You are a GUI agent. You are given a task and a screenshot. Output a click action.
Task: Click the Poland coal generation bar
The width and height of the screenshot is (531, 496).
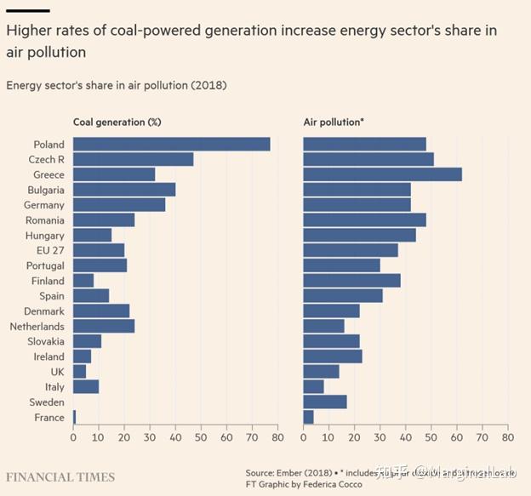click(x=171, y=145)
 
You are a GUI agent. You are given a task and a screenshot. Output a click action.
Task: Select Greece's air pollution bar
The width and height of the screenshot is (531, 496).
click(x=382, y=174)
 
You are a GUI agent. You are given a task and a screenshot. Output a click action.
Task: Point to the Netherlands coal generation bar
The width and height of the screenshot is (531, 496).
click(x=104, y=326)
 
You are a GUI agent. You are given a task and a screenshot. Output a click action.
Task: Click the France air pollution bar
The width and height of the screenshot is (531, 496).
click(x=308, y=417)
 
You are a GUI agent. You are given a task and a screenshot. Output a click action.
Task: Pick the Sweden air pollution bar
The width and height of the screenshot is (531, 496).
click(x=325, y=402)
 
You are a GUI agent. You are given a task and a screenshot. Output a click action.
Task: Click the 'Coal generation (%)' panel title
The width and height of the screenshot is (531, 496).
click(x=117, y=122)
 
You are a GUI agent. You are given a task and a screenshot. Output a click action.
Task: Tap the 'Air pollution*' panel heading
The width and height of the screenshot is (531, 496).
click(x=334, y=122)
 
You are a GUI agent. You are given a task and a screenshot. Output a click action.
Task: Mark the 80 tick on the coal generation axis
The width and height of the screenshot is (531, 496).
click(x=277, y=438)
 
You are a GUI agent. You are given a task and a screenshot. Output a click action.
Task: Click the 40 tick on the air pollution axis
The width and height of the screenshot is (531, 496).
click(x=405, y=438)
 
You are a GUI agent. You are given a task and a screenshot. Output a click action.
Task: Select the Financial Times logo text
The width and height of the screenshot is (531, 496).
click(x=60, y=476)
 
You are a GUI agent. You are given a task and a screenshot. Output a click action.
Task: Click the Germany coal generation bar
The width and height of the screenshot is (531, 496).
click(x=119, y=205)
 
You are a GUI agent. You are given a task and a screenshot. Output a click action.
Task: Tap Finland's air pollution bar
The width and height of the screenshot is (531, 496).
click(x=351, y=281)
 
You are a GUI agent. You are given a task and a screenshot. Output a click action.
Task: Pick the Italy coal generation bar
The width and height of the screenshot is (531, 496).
click(x=86, y=387)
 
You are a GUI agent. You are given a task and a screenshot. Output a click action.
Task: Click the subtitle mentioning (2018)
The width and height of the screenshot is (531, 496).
click(x=117, y=85)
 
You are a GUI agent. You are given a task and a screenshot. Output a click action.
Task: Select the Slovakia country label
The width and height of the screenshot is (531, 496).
click(x=42, y=341)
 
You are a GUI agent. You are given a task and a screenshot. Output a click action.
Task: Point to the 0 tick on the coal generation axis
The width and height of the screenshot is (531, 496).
click(x=73, y=438)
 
